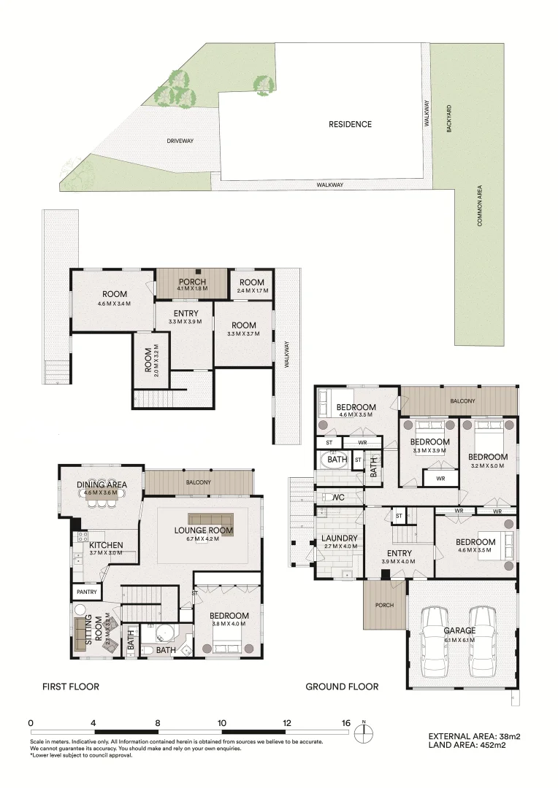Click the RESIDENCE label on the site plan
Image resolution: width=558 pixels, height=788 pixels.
(350, 124)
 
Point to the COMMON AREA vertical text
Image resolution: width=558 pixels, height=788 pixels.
(480, 205)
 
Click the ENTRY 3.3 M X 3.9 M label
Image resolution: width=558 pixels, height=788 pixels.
(186, 317)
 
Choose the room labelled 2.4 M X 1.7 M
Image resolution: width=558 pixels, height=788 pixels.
(251, 286)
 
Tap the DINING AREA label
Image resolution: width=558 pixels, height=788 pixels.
(102, 488)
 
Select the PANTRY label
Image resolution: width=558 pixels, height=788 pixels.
(85, 592)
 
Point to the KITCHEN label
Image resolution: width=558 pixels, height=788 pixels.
(107, 549)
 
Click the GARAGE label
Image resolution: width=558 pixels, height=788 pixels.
(460, 634)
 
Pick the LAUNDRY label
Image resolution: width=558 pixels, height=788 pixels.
(339, 542)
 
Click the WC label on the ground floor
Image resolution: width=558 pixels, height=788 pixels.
(337, 498)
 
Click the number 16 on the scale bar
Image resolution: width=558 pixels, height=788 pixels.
(345, 723)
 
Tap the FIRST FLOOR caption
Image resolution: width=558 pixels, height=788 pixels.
(70, 687)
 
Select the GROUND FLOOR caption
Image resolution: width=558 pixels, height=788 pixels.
(342, 687)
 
